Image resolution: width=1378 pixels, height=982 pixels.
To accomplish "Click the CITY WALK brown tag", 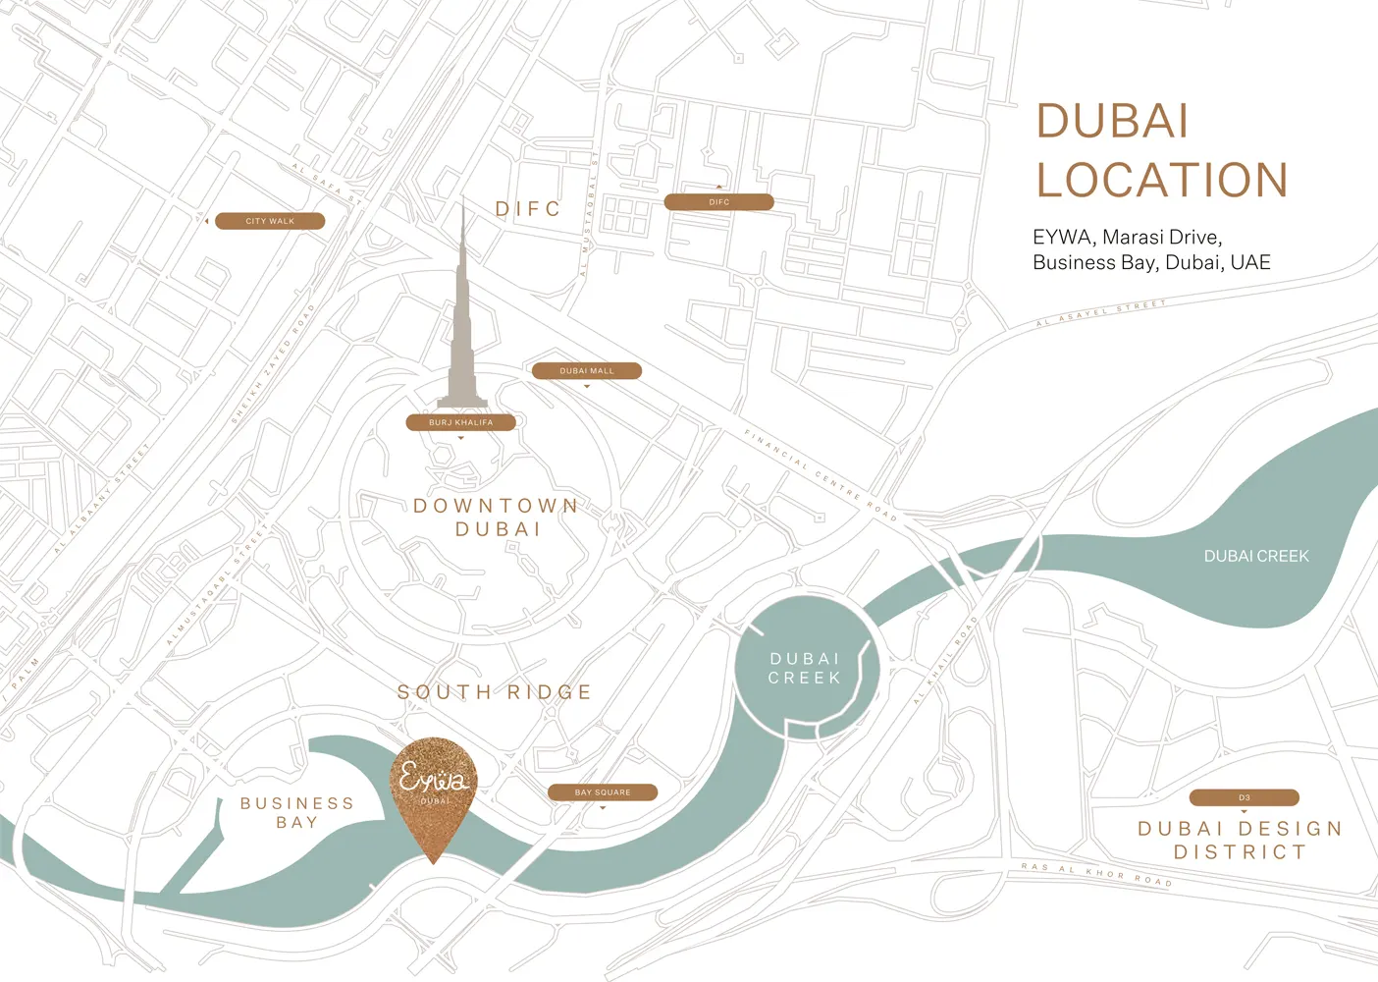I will pyautogui.click(x=270, y=221).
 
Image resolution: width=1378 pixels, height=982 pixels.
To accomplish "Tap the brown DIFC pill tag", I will pyautogui.click(x=718, y=202).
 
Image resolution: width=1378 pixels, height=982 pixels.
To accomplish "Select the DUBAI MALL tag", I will pyautogui.click(x=587, y=371).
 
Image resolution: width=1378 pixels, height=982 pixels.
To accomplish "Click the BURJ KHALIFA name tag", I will pyautogui.click(x=461, y=423).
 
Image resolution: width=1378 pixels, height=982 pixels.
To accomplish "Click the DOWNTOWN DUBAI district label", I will pyautogui.click(x=497, y=518).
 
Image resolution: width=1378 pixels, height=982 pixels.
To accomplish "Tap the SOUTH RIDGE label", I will pyautogui.click(x=495, y=692).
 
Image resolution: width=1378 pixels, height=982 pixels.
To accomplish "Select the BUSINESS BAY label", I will pyautogui.click(x=296, y=813).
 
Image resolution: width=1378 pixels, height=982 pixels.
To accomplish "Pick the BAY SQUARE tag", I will pyautogui.click(x=603, y=792).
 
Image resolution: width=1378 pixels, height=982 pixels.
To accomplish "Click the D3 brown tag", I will pyautogui.click(x=1244, y=798).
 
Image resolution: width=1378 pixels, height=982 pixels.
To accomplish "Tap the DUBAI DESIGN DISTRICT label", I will pyautogui.click(x=1240, y=841).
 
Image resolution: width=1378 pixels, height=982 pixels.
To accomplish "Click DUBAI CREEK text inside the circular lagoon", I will pyautogui.click(x=805, y=669).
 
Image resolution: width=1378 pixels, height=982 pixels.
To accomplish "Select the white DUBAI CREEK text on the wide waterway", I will pyautogui.click(x=1256, y=556).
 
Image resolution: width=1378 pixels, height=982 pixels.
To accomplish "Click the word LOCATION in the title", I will pyautogui.click(x=1162, y=181).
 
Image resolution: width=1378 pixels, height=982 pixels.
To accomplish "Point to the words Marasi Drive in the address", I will pyautogui.click(x=1160, y=237).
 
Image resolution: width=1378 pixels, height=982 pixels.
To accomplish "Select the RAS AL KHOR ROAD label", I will pyautogui.click(x=1096, y=874).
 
